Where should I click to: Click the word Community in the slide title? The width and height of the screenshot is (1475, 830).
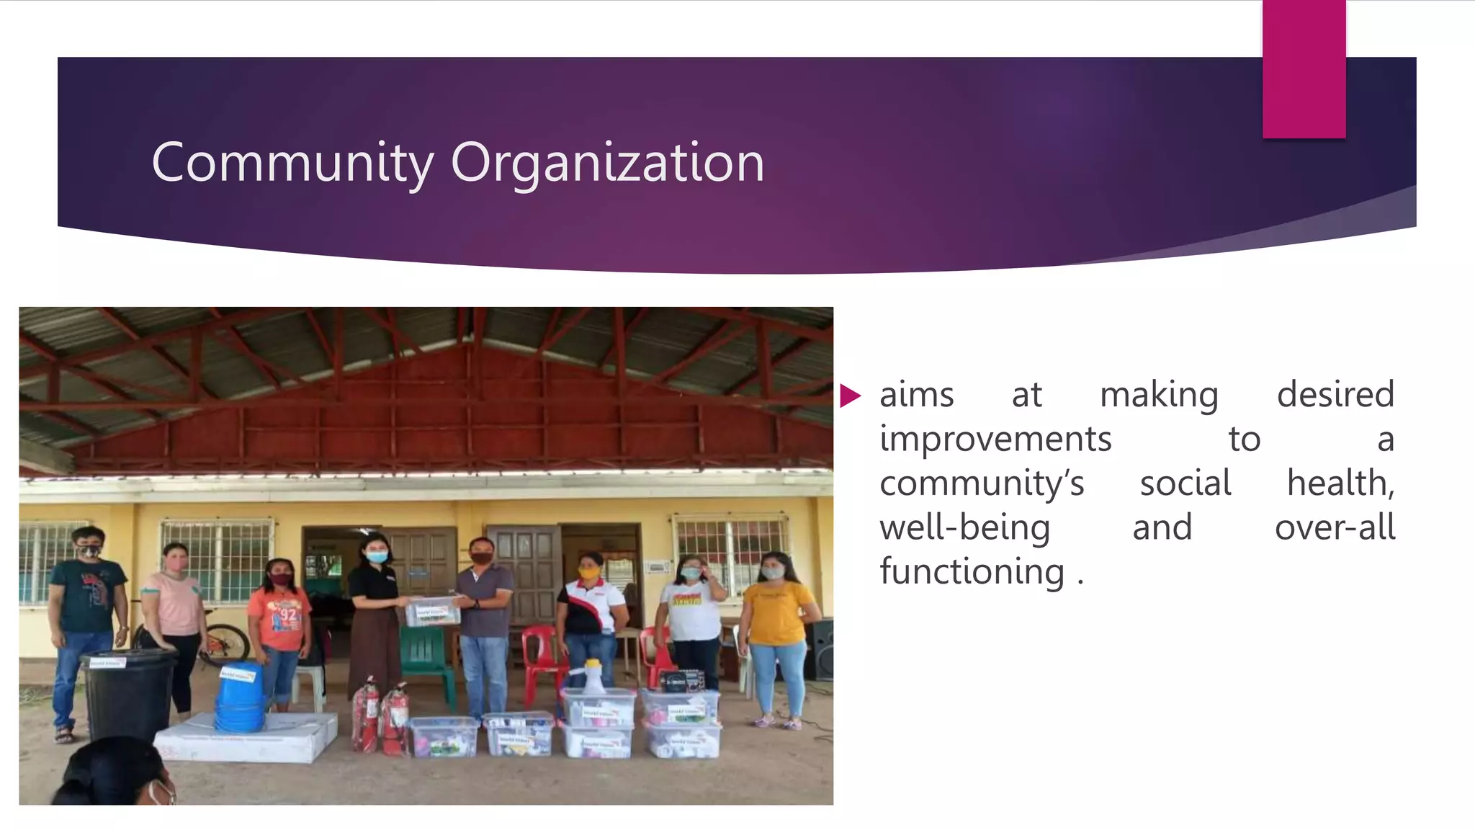pos(292,164)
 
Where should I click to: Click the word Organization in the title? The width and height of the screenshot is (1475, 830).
pos(607,164)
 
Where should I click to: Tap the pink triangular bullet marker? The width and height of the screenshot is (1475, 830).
pos(850,396)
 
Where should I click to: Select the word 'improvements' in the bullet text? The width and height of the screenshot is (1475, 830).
pos(995,439)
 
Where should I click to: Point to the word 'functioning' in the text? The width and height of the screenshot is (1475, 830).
pos(972,572)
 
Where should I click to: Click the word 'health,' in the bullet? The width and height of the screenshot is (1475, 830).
pos(1340,483)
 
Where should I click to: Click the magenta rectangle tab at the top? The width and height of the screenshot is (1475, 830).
pos(1304,69)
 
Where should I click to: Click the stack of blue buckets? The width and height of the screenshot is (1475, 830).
pos(239,697)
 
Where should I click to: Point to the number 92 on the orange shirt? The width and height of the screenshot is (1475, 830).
pos(288,615)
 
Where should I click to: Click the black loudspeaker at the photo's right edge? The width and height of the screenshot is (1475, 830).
pos(820,649)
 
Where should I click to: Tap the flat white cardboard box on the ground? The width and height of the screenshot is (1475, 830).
pos(245,738)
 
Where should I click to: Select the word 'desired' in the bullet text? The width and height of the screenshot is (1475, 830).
pos(1335,395)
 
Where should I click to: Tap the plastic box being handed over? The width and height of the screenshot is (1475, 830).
pos(432,612)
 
